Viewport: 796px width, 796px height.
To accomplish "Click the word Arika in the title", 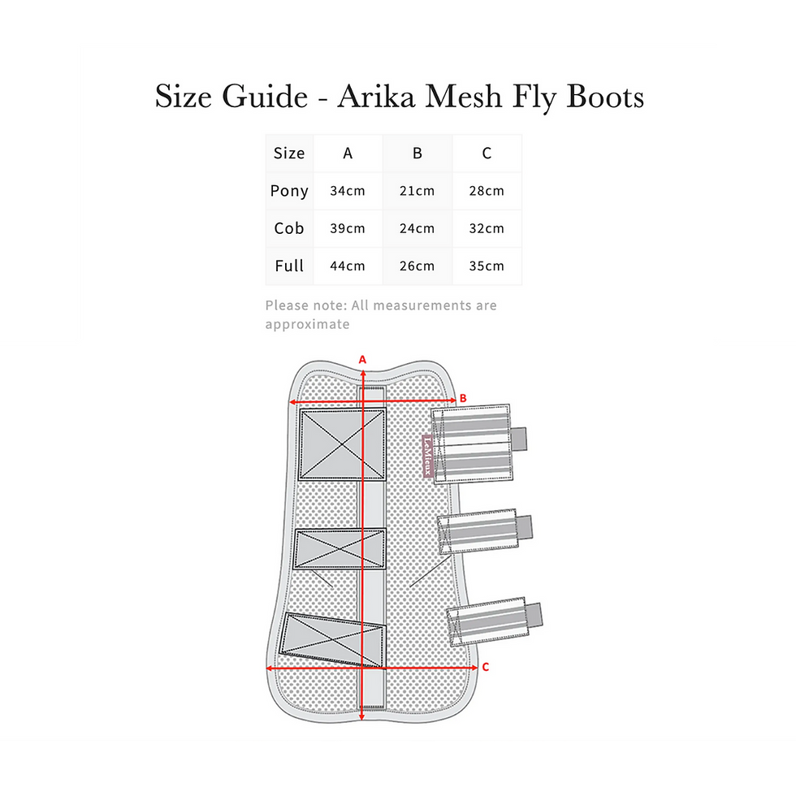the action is coord(376,96).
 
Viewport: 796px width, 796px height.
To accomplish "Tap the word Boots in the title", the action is coord(604,96).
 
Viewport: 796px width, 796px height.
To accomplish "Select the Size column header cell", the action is coord(289,154).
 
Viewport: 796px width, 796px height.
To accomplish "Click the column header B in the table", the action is coord(417,154).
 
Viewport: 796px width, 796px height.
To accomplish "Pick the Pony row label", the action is coord(289,192).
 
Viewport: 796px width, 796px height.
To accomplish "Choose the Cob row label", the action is coord(289,228).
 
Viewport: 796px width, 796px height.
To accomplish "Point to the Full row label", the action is coord(289,266).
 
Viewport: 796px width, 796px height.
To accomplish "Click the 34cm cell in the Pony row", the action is coord(348,191).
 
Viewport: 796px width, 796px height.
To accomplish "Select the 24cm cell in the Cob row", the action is coord(417,228).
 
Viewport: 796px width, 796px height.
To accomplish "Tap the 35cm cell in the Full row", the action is coord(487,266).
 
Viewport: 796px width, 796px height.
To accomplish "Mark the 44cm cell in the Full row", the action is coord(348,266).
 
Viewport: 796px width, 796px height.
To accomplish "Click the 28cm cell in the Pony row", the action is coord(487,191).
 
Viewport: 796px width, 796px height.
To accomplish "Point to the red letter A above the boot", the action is coord(362,359).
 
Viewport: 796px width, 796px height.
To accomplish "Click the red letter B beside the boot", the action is coord(463,398).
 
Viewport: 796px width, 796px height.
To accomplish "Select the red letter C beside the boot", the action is coord(486,667).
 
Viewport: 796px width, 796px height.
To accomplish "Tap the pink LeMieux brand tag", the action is coord(427,456).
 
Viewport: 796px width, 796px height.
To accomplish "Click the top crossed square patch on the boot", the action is coord(342,445).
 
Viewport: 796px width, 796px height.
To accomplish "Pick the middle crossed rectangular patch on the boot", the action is coord(340,549).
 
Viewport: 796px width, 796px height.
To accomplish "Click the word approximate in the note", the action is coord(307,324).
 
